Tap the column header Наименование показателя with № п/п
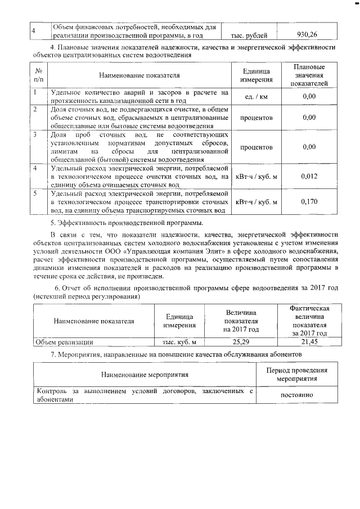(x=139, y=75)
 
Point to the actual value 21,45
(x=309, y=341)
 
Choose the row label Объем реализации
(x=64, y=341)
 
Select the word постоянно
(x=300, y=395)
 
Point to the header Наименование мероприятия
(x=145, y=375)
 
